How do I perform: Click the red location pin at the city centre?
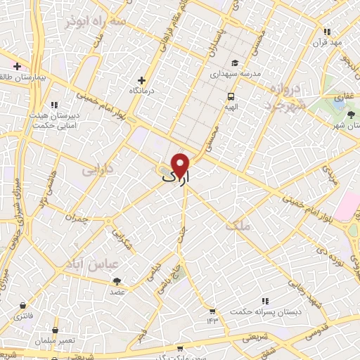181,165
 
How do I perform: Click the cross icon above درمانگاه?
142,81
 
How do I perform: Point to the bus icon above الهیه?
230,96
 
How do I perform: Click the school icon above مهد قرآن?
327,32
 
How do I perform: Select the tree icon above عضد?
117,281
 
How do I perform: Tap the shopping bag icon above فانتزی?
24,306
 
